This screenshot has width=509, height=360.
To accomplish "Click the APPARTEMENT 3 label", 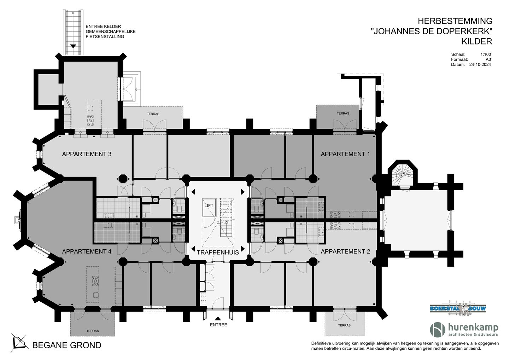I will coord(87,154).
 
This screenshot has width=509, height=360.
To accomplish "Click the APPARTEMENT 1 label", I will coord(345,154).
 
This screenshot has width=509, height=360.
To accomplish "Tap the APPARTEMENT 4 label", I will coord(87,251).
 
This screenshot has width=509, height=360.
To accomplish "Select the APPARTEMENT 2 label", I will coord(345,251).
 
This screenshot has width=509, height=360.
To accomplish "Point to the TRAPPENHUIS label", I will coord(218,252).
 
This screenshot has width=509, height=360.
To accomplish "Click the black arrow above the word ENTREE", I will coord(218,318).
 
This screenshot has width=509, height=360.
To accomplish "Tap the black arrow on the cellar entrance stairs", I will coord(73,46).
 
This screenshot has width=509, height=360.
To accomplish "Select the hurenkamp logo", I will coord(464,330).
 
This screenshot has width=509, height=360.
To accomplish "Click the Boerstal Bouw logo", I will coord(458,308).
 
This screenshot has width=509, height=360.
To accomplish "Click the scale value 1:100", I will coord(485,54).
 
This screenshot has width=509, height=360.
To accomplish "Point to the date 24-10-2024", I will coord(480,65).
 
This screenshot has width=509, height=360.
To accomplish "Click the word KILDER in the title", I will coord(476,41).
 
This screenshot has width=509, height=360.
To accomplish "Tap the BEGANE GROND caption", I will coord(67,345).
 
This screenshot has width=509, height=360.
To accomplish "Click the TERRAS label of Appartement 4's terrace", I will coord(93,331).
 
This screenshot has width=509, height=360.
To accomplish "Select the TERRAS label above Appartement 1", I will coord(343,114).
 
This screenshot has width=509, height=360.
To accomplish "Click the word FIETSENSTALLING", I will coord(105,36).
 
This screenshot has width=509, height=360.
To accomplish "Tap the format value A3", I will coord(488,59).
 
